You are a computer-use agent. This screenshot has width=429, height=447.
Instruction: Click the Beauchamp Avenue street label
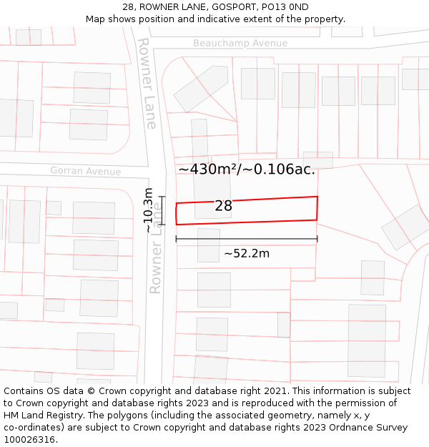pos(240,43)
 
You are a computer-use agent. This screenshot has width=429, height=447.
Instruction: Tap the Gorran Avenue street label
pos(85,171)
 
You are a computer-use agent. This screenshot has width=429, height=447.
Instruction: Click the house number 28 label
pos(223,206)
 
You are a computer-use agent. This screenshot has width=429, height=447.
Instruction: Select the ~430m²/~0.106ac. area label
pos(247,170)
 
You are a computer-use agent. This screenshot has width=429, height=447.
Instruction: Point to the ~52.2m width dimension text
pos(246,253)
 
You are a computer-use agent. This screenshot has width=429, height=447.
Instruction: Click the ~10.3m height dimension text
pos(148,210)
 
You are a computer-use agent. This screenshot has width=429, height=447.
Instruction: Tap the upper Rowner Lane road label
pos(147,83)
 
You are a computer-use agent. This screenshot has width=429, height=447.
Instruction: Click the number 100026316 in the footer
pos(30,440)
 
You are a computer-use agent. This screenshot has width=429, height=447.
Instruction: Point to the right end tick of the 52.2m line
pos(317,239)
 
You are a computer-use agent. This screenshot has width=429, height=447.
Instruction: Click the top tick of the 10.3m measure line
pos(162,197)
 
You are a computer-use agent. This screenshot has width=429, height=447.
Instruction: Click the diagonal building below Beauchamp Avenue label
pos(201,89)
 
